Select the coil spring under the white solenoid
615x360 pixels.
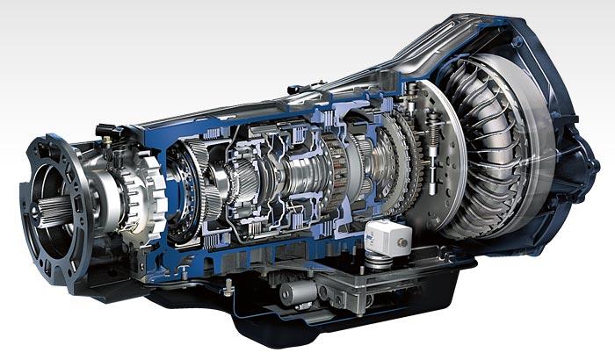379,258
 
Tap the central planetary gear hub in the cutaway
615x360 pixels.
299,176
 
